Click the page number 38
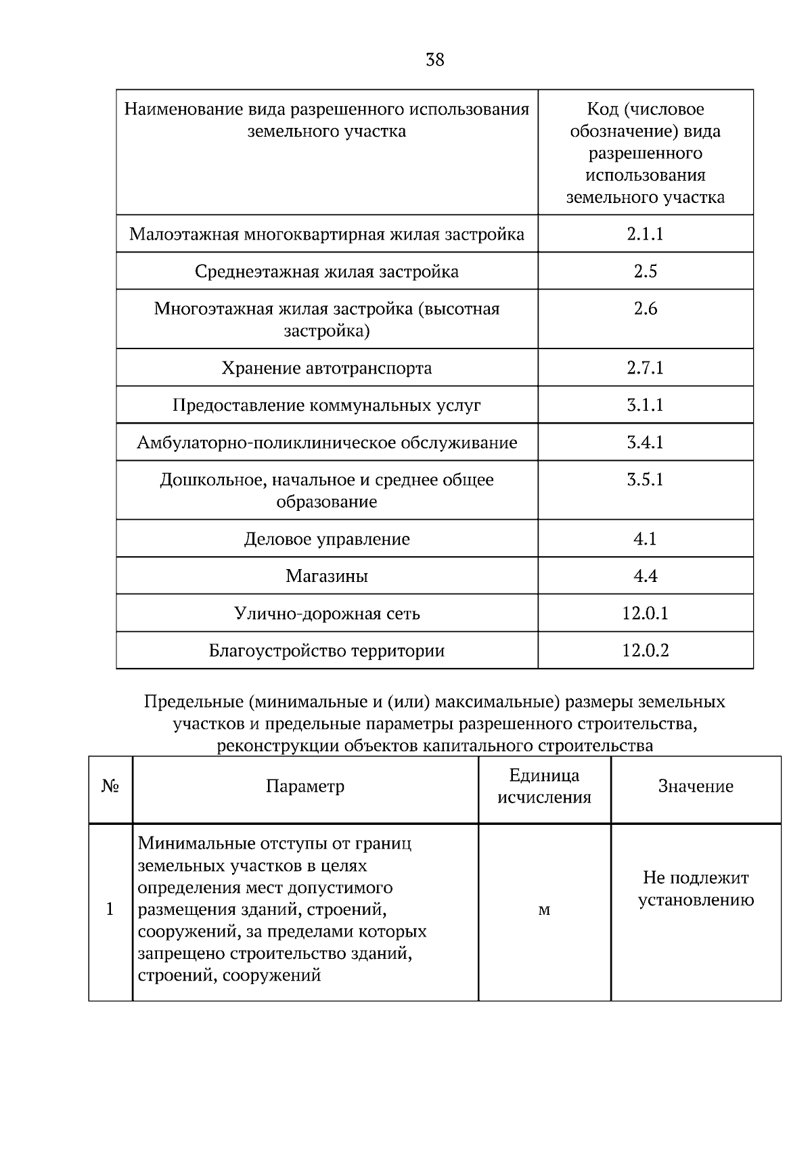[435, 60]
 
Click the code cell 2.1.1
[645, 234]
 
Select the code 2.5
[645, 271]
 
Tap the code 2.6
[645, 309]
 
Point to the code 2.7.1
[645, 368]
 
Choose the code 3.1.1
[645, 405]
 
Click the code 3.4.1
[645, 443]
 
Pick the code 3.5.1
[645, 480]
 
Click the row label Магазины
[327, 577]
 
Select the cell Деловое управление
[327, 539]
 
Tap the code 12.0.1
[645, 614]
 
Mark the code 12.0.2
[645, 651]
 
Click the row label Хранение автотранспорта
[327, 368]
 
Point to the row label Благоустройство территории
[327, 651]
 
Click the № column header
[110, 786]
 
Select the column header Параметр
[305, 786]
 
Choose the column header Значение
[696, 786]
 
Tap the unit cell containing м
[544, 910]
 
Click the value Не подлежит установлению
[696, 888]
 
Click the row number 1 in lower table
[110, 909]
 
